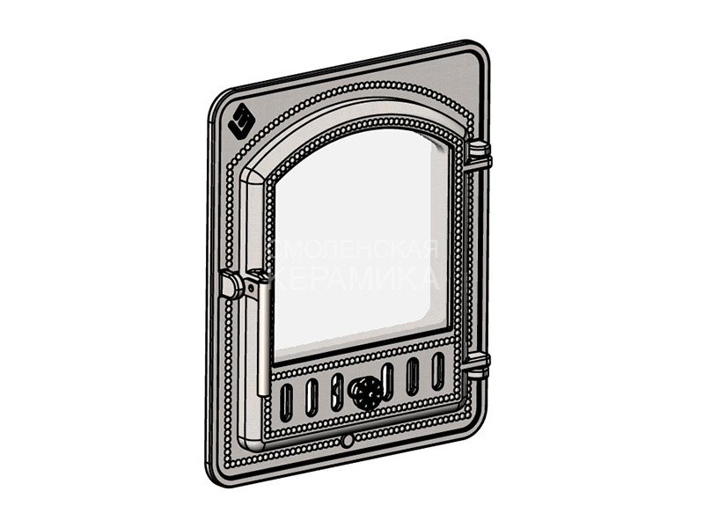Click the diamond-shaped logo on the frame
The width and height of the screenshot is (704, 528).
pos(242,121)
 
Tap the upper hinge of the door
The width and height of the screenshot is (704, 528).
pos(479,156)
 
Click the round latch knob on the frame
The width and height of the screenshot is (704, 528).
pos(231,284)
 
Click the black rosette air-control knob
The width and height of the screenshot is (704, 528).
pos(367,392)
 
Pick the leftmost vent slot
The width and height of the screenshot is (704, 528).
pos(287,402)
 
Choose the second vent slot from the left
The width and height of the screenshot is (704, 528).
pos(312,397)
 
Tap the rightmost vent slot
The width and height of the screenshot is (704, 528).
pos(437,370)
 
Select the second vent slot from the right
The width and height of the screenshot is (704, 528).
pos(413,377)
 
